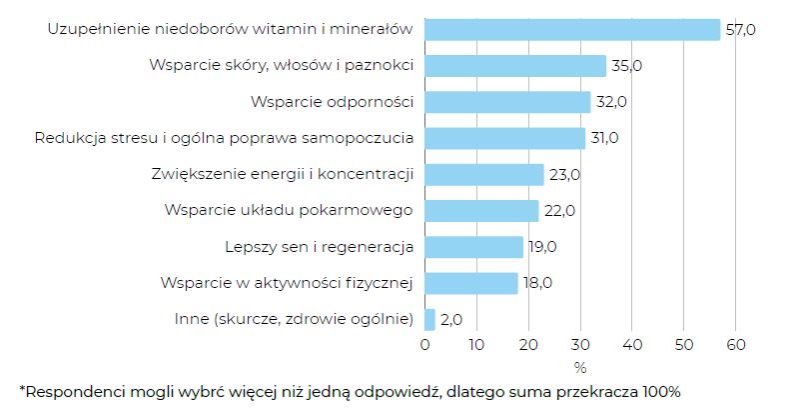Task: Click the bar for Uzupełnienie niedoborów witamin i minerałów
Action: [x=572, y=30]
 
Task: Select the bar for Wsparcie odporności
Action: [x=507, y=102]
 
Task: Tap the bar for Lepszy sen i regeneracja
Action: [x=473, y=247]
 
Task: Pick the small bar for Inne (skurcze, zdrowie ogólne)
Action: [x=430, y=319]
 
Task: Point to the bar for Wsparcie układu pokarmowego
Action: [x=481, y=211]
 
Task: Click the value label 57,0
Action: [x=740, y=30]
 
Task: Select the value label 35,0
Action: [x=625, y=66]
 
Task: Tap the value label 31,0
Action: [x=604, y=138]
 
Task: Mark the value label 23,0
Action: [x=563, y=175]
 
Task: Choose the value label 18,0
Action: [x=537, y=283]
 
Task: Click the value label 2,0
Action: [x=452, y=320]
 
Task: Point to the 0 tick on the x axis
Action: [x=425, y=346]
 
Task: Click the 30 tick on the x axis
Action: [x=580, y=346]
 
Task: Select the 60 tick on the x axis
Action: [x=735, y=346]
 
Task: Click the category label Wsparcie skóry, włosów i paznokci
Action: [x=282, y=66]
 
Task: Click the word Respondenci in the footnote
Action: [x=71, y=390]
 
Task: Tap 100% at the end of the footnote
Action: [x=660, y=390]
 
